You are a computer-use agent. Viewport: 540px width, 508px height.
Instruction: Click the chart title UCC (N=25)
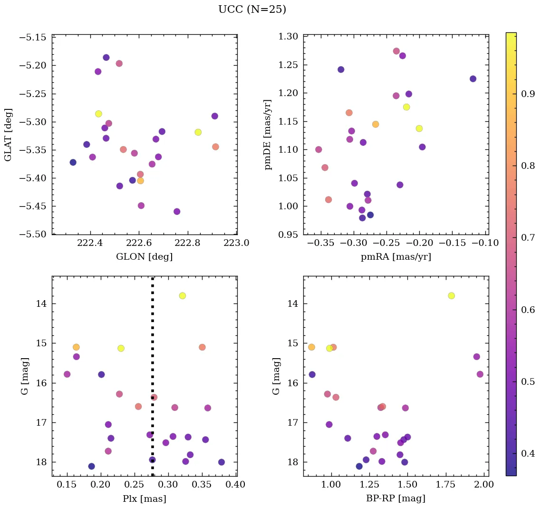pyautogui.click(x=252, y=10)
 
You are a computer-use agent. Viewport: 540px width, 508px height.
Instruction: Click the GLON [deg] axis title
pyautogui.click(x=144, y=257)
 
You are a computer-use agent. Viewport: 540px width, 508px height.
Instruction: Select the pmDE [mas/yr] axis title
pyautogui.click(x=269, y=135)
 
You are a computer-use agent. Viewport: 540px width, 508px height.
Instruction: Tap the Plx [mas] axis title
pyautogui.click(x=144, y=498)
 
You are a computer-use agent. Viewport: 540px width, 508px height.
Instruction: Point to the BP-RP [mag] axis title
pyautogui.click(x=395, y=498)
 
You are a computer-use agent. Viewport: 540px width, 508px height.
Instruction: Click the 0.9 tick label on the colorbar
pyautogui.click(x=528, y=94)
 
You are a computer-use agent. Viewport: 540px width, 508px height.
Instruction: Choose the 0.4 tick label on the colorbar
pyautogui.click(x=528, y=453)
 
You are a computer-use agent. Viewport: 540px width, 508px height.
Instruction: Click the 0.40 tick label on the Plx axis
pyautogui.click(x=236, y=485)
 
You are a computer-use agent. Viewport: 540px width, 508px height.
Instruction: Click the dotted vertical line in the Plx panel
pyautogui.click(x=152, y=333)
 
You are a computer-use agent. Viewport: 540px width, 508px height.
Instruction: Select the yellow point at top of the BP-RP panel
pyautogui.click(x=451, y=296)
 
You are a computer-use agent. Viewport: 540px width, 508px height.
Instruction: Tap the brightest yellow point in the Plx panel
pyautogui.click(x=182, y=296)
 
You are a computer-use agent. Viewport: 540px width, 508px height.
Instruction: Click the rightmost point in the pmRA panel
pyautogui.click(x=472, y=79)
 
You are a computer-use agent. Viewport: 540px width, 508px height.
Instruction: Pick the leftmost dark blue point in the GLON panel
pyautogui.click(x=73, y=162)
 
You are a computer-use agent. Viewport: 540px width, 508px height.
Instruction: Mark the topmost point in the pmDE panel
pyautogui.click(x=396, y=51)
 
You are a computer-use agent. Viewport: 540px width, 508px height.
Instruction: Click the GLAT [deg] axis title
pyautogui.click(x=8, y=135)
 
